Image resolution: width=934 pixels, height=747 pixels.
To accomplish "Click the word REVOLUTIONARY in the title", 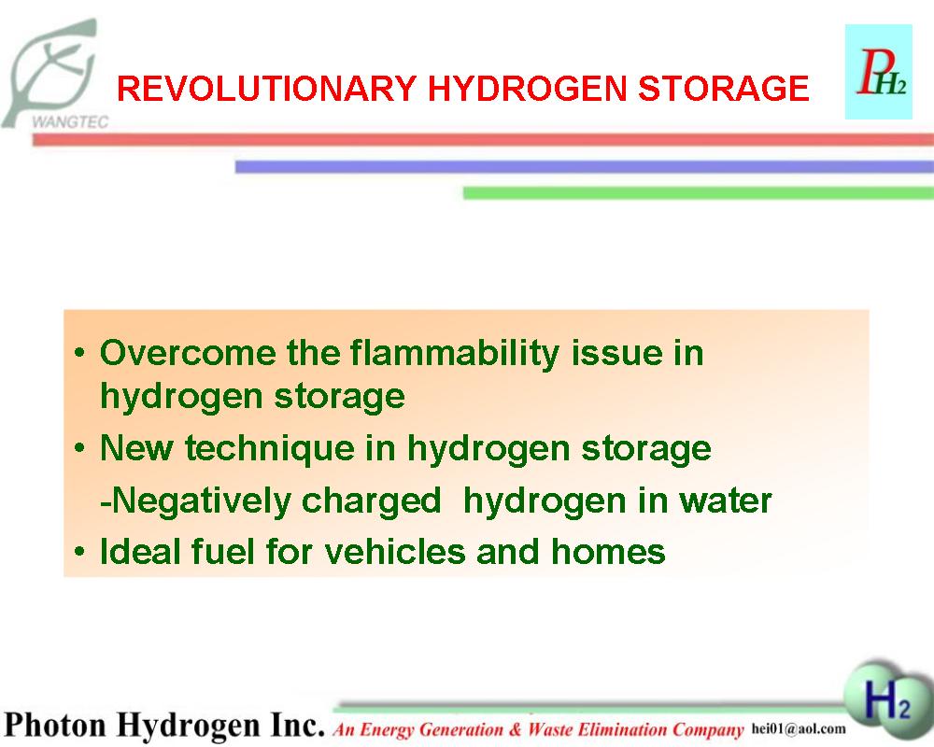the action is (265, 88).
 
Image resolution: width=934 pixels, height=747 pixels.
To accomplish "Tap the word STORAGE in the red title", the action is (723, 88).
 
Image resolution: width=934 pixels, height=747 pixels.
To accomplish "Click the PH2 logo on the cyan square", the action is (879, 72).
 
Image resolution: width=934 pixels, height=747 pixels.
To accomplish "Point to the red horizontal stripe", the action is (483, 139).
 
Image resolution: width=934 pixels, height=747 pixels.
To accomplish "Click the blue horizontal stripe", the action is (585, 167).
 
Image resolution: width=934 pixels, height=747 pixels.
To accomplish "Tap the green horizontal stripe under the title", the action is (698, 193).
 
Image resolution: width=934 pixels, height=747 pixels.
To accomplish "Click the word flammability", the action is (455, 354).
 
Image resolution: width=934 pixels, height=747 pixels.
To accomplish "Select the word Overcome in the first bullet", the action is (188, 353).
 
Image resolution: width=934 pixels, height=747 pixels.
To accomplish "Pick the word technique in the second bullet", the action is (270, 448).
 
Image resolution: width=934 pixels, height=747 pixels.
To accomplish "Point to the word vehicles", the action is (395, 551).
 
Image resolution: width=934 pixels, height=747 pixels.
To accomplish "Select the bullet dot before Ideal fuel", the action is (79, 552).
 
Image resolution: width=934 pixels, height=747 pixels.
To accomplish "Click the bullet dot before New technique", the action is (79, 448).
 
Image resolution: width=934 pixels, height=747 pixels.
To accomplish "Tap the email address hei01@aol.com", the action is (799, 728).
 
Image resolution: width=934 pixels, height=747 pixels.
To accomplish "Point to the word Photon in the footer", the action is (56, 725).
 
